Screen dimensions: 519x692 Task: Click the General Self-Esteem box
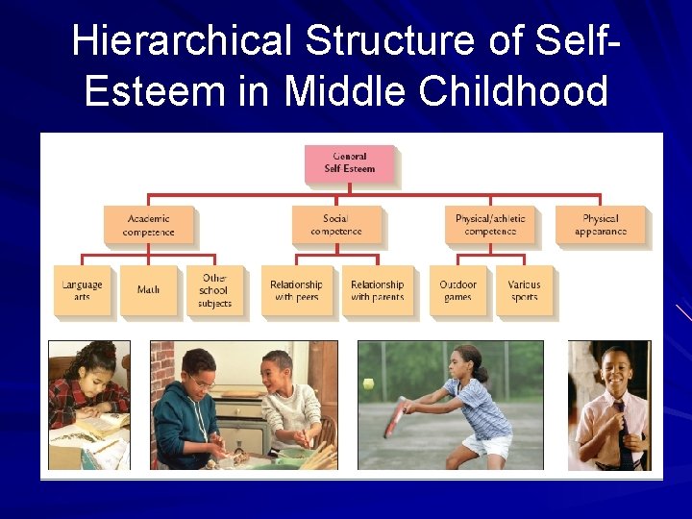coord(350,163)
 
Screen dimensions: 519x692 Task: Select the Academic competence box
coord(148,225)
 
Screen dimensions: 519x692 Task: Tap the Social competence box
coord(335,225)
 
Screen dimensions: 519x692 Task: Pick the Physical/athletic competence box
coord(490,225)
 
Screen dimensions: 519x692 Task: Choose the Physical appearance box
coord(601,225)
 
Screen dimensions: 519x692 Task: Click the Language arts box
coord(82,290)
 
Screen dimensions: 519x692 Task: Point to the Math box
coord(148,290)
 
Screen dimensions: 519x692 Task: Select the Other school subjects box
coord(214,290)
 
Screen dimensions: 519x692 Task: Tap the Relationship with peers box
coord(296,290)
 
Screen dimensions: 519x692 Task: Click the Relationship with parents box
coord(377,290)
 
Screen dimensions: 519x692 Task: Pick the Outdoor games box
coord(457,290)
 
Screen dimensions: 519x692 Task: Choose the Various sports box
coord(524,290)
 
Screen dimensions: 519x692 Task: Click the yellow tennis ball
coord(368,383)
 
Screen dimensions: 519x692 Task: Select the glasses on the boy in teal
coord(201,383)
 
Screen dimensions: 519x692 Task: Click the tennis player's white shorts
coord(486,445)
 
